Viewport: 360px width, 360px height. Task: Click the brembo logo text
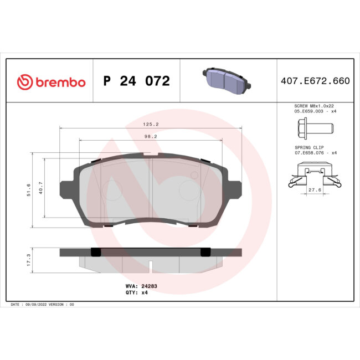coord(60,83)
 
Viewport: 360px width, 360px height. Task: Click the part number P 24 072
coord(136,81)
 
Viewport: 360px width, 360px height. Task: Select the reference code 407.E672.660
coord(315,81)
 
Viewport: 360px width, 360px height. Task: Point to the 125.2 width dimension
coord(150,125)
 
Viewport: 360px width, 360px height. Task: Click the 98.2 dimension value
coord(150,136)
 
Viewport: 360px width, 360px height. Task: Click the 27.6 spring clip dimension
coord(314,190)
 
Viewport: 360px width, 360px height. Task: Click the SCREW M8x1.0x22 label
coord(313,105)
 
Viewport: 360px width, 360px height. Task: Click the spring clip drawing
coord(314,173)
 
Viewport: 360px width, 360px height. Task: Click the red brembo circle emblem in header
coord(25,82)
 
